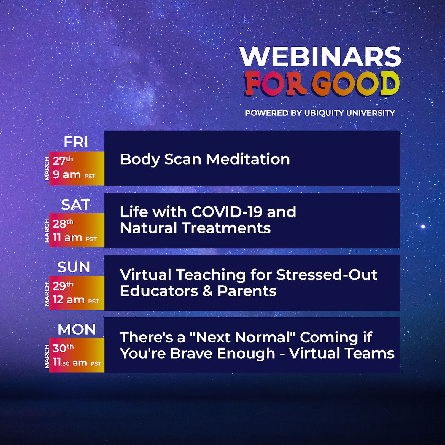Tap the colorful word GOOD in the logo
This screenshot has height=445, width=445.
pyautogui.click(x=355, y=84)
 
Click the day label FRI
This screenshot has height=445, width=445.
pyautogui.click(x=76, y=142)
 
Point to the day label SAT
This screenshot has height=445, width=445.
pyautogui.click(x=76, y=205)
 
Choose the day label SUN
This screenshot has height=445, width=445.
pyautogui.click(x=74, y=267)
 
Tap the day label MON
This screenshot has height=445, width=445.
pyautogui.click(x=77, y=330)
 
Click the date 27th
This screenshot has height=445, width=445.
pyautogui.click(x=63, y=161)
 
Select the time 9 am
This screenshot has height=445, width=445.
pyautogui.click(x=67, y=175)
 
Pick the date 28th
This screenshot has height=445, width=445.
pyautogui.click(x=63, y=223)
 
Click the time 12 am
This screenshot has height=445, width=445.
pyautogui.click(x=69, y=300)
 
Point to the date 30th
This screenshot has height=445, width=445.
pyautogui.click(x=63, y=348)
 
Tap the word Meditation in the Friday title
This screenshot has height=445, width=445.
pyautogui.click(x=248, y=159)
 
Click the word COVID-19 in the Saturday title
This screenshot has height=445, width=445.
pyautogui.click(x=227, y=212)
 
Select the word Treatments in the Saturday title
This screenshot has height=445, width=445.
pyautogui.click(x=226, y=228)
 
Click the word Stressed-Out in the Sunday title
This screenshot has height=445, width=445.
pyautogui.click(x=327, y=275)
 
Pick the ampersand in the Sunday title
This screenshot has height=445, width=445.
pyautogui.click(x=208, y=291)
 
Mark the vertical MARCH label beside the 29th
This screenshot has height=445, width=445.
pyautogui.click(x=47, y=294)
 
